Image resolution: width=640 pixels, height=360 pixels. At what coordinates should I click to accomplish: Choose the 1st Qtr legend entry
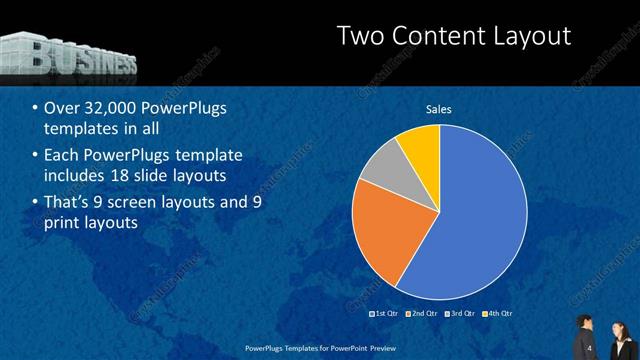tap(386, 313)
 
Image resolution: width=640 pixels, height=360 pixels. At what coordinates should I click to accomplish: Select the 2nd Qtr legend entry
tap(423, 313)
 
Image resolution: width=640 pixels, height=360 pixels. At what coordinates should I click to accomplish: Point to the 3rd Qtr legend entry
tap(461, 313)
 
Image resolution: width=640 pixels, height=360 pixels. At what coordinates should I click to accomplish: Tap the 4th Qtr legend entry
tap(498, 313)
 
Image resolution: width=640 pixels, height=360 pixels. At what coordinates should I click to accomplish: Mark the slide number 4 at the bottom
tap(591, 347)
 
